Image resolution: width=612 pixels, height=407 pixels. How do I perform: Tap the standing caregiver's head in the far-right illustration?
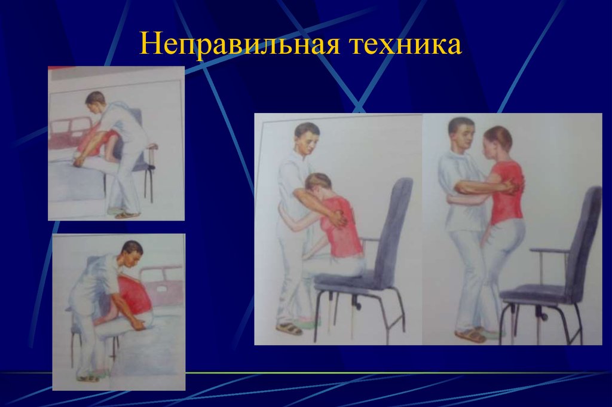point(461,134)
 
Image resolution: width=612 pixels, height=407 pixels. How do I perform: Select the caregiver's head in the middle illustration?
point(307,139)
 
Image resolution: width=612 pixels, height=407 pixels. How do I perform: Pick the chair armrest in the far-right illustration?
point(548,250)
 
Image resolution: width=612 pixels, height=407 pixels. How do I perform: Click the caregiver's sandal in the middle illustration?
point(289,328)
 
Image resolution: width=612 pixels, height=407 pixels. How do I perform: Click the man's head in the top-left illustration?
point(94,101)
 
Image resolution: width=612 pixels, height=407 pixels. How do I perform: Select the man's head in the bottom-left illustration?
point(132,252)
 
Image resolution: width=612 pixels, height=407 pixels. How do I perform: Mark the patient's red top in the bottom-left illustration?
point(135,296)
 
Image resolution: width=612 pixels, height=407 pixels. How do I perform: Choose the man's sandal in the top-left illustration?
point(127,214)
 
